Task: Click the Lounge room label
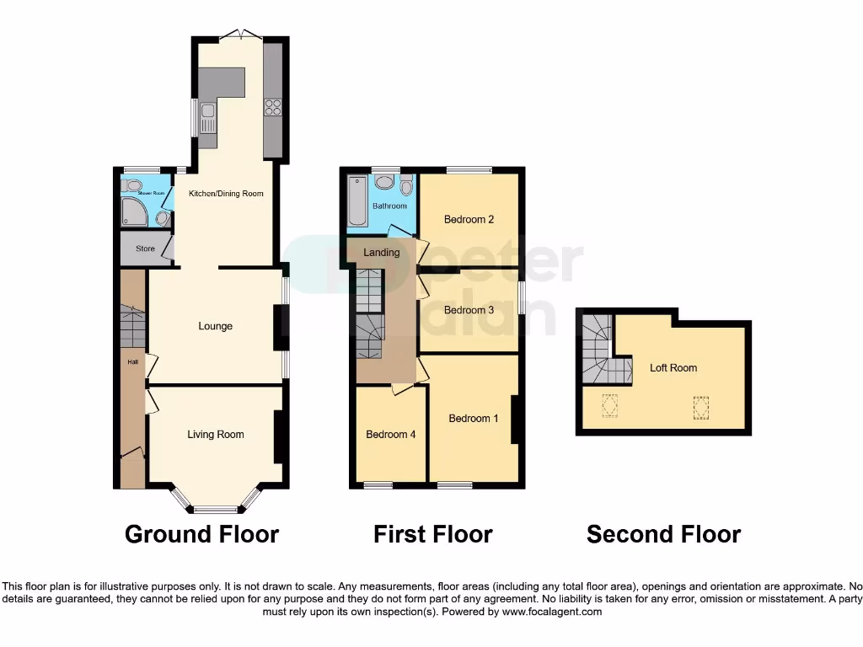point(215,326)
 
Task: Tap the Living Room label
point(215,435)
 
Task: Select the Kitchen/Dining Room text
point(225,194)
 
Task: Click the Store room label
point(145,249)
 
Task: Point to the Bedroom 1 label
point(473,419)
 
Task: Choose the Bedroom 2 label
point(469,220)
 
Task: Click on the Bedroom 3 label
point(469,310)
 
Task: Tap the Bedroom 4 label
point(390,435)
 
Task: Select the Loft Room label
point(673,367)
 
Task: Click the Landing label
point(381,253)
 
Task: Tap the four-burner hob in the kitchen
point(273,106)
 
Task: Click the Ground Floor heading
point(201,534)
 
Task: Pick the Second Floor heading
point(663,534)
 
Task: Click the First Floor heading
point(433,534)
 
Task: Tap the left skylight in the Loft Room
point(609,407)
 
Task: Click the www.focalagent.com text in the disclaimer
point(551,612)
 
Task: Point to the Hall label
point(132,362)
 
